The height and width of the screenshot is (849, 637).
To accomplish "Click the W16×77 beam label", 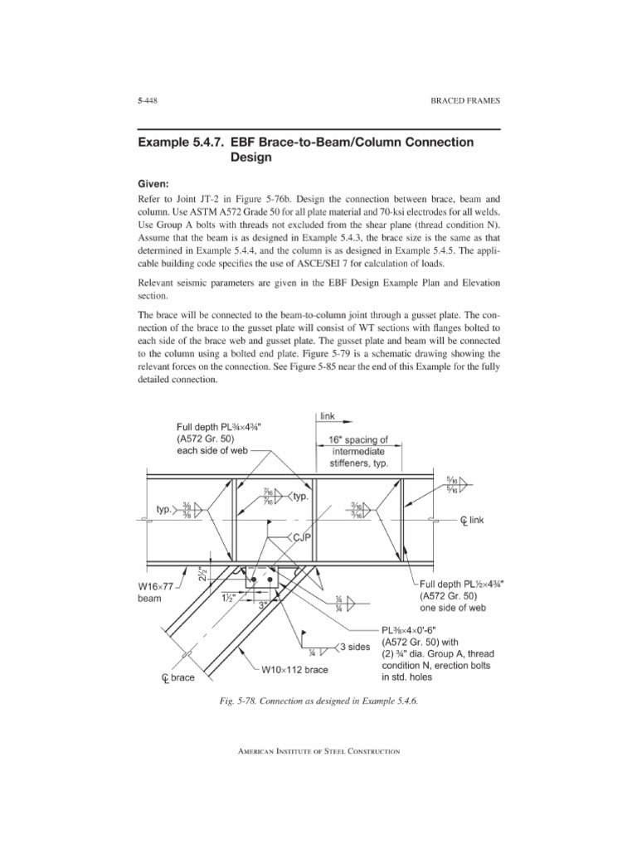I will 151,592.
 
